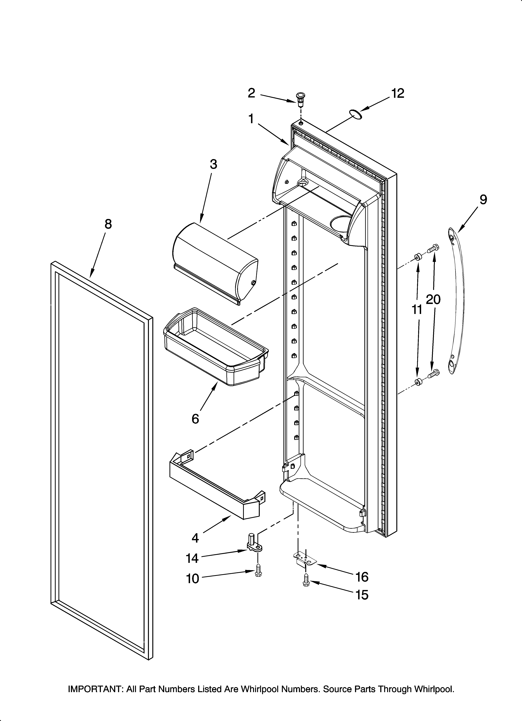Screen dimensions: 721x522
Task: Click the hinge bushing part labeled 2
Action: click(300, 100)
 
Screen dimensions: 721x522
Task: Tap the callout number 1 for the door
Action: click(251, 119)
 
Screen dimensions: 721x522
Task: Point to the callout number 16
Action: click(362, 577)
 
